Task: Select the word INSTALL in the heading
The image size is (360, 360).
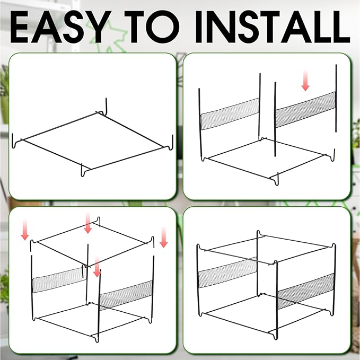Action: (x=273, y=27)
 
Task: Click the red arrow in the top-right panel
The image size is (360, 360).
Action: (x=305, y=81)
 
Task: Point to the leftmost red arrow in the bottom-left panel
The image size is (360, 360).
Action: (x=25, y=230)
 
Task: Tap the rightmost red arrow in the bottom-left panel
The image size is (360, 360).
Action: (x=163, y=238)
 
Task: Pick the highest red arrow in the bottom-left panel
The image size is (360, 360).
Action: (x=88, y=223)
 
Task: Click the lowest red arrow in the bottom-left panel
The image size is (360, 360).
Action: (x=97, y=267)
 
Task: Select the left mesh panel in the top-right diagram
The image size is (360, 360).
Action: (x=230, y=114)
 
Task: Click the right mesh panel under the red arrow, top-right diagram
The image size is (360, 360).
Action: (x=305, y=110)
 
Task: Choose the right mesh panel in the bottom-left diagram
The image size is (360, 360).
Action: (x=126, y=295)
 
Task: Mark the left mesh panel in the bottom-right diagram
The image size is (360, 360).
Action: (x=227, y=273)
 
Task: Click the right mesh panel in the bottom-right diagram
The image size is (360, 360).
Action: (x=306, y=291)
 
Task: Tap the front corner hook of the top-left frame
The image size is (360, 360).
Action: (x=83, y=171)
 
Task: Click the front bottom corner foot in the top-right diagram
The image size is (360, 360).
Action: (x=276, y=180)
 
